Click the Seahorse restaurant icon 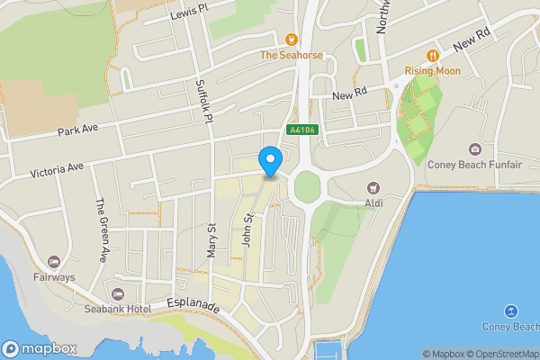point(291,39)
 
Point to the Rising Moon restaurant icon point(432,55)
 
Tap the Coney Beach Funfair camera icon point(474,149)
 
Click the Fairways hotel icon point(54,262)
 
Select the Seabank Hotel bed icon point(117,293)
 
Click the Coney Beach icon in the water point(512,310)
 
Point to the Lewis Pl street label point(188,12)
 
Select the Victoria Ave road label point(56,168)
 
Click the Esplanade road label point(193,306)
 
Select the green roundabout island point(307,187)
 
